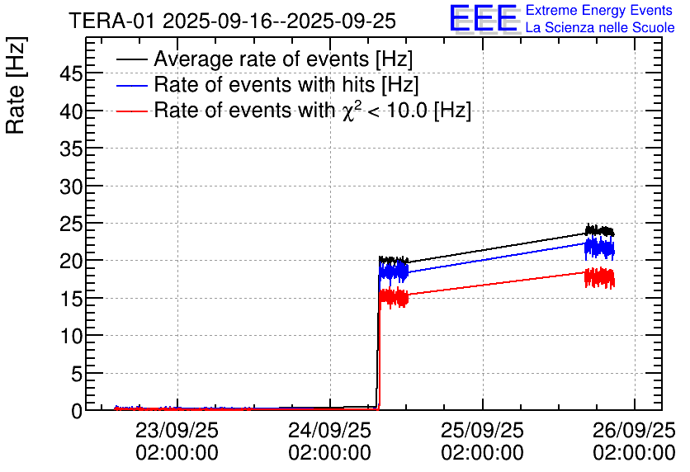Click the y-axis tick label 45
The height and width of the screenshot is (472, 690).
(x=71, y=74)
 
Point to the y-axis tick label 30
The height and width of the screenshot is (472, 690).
(x=71, y=187)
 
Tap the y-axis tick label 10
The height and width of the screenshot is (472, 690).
(x=71, y=337)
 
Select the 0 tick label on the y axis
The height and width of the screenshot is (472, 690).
(x=77, y=411)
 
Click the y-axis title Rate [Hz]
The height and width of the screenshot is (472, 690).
(x=16, y=85)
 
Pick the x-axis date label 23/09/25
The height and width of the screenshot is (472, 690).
(x=177, y=431)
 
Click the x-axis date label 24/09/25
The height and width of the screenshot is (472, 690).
(x=329, y=431)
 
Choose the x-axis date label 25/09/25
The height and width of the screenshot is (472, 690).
(x=482, y=431)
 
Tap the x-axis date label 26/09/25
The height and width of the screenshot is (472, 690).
(x=634, y=431)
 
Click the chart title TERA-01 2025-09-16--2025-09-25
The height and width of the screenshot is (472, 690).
(x=233, y=21)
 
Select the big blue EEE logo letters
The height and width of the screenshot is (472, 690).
(x=484, y=18)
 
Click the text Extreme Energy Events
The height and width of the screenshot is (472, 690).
(x=599, y=10)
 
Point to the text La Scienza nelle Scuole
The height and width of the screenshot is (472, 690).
(x=600, y=27)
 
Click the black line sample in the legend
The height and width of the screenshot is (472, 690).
(x=131, y=59)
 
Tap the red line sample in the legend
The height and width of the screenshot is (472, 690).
(x=131, y=111)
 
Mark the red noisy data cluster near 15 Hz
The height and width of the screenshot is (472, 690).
(x=394, y=297)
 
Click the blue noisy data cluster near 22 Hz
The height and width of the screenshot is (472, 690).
(x=599, y=248)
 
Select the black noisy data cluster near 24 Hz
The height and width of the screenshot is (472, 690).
(x=599, y=230)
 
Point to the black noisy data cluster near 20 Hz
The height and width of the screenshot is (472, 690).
(x=394, y=260)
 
